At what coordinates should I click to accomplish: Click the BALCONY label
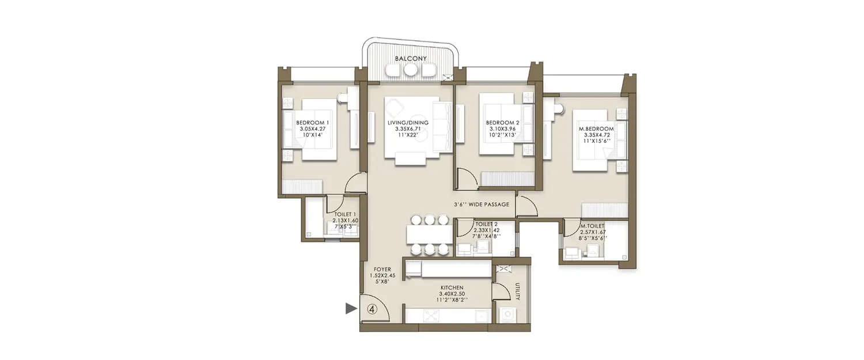(410, 59)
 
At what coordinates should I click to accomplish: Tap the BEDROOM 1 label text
(313, 123)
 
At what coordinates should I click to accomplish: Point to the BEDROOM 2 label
(502, 123)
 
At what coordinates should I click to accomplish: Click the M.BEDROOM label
(596, 128)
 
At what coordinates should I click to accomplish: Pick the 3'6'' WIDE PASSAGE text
(480, 204)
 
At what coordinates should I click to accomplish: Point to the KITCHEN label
(451, 287)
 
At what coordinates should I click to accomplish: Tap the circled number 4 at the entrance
(372, 309)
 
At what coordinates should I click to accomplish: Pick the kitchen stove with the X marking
(430, 315)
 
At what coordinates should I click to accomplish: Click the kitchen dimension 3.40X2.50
(451, 294)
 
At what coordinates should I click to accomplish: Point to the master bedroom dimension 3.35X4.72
(596, 135)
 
